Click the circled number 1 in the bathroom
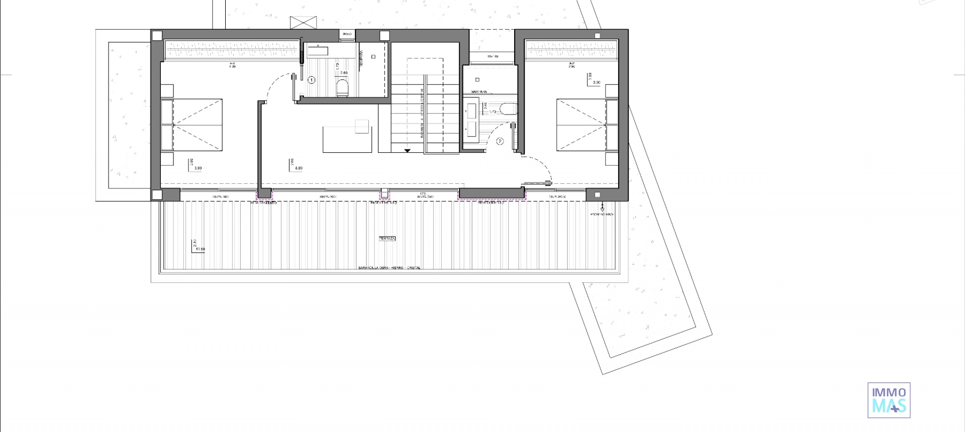[312, 80]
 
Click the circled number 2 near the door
[500, 142]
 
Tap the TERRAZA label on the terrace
[387, 239]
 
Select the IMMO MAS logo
[889, 400]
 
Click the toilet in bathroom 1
[342, 88]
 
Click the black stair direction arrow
[407, 150]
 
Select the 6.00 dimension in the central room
[299, 169]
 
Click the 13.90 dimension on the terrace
[200, 249]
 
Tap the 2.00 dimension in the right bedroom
[597, 82]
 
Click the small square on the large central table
[362, 127]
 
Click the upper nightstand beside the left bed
[167, 91]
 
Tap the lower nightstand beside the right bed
[612, 159]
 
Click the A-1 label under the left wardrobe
[233, 64]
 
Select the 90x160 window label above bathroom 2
[493, 57]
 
